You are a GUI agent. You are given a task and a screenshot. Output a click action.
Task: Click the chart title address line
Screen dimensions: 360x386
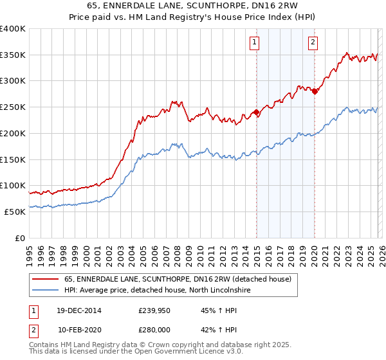click(192, 6)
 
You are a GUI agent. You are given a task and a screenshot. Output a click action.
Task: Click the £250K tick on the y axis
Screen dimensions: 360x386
click(13, 107)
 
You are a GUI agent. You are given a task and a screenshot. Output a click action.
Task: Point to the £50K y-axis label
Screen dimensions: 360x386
click(15, 211)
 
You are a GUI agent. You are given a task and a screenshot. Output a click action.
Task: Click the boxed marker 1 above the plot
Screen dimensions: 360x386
click(255, 43)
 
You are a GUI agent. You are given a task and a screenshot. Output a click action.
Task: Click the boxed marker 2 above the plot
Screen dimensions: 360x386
click(313, 43)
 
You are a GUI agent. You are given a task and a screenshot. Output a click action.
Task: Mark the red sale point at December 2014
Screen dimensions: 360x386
click(257, 113)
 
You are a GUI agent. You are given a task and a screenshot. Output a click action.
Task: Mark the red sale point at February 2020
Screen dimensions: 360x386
click(315, 91)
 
